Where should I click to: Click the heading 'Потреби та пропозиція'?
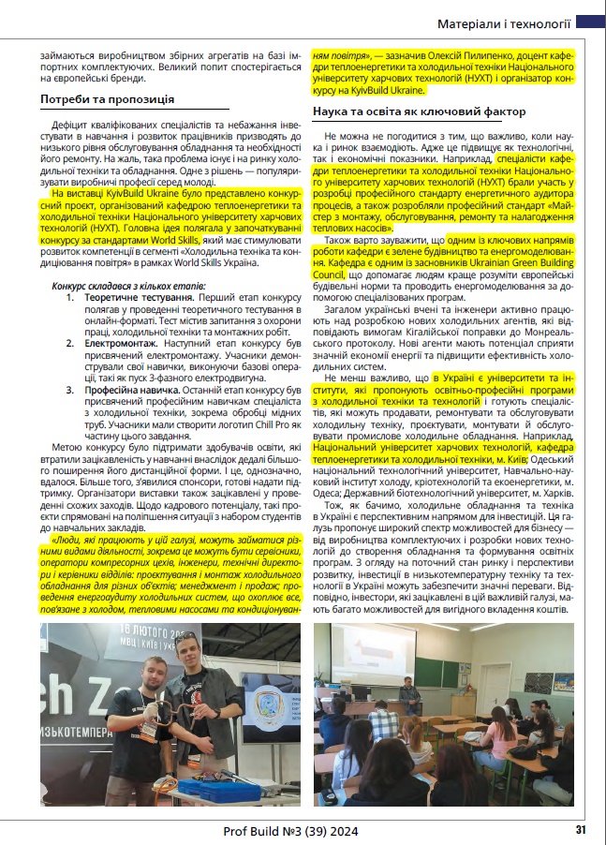click(106, 98)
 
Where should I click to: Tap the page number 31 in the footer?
click(581, 829)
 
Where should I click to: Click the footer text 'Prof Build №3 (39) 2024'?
click(289, 830)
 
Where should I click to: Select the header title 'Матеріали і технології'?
click(506, 24)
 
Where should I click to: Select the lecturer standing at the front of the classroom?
click(408, 697)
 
